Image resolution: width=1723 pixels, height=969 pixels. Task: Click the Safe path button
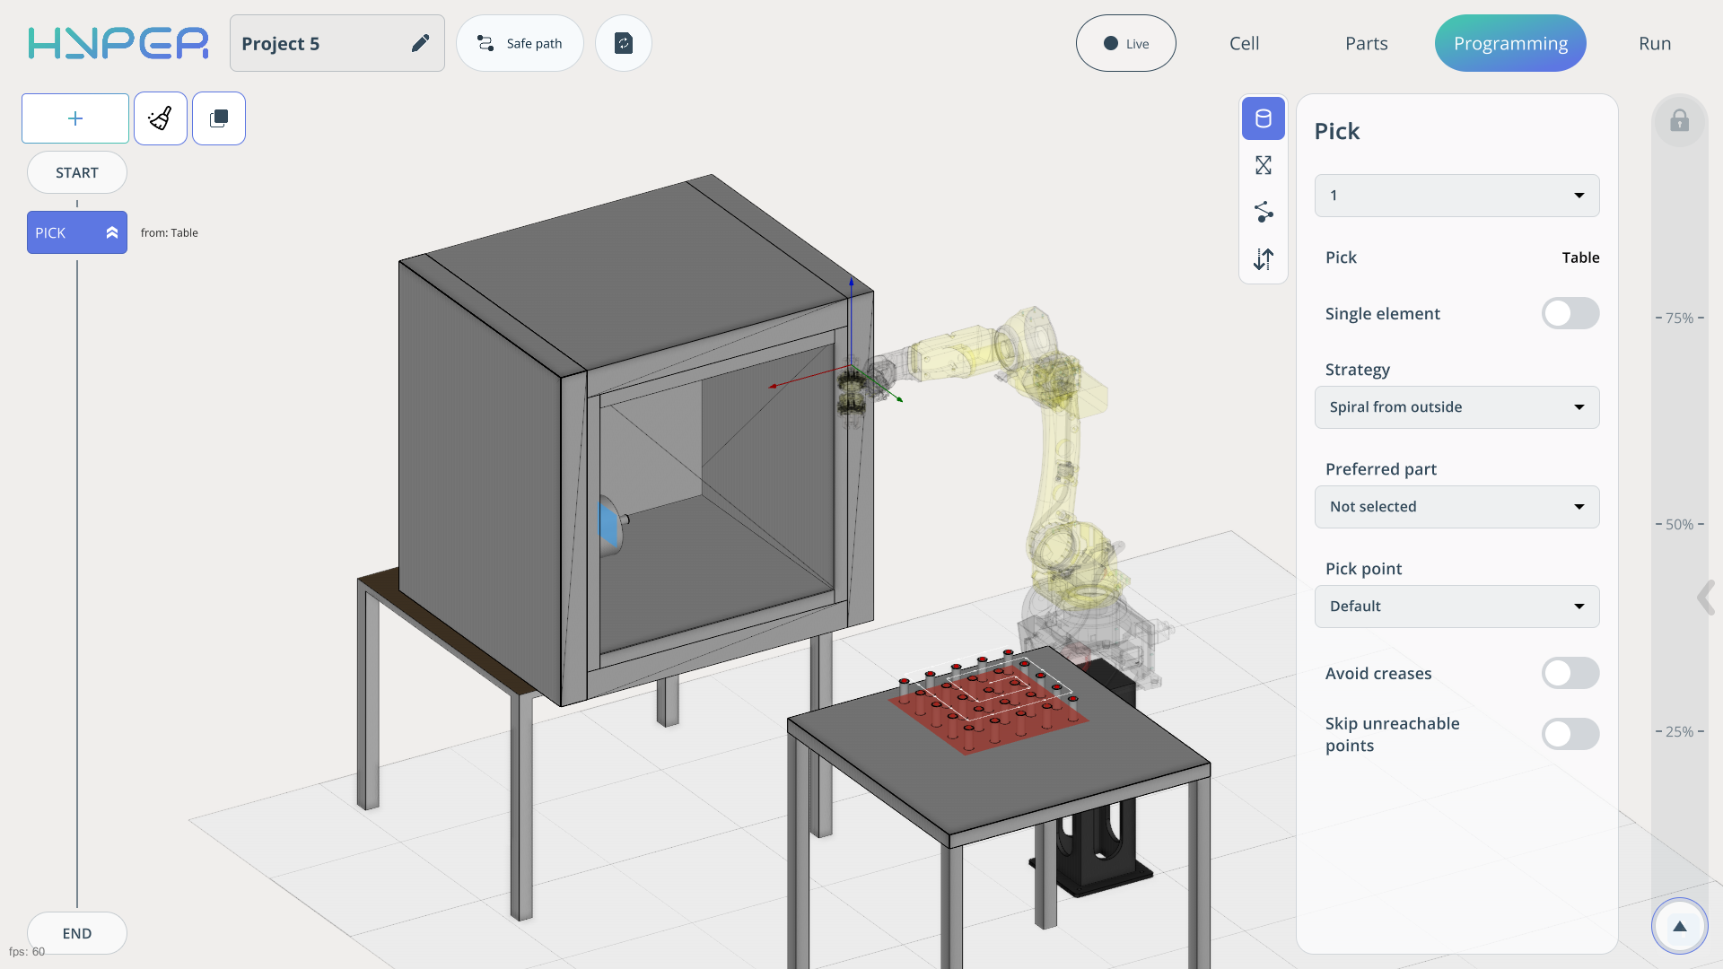(x=520, y=43)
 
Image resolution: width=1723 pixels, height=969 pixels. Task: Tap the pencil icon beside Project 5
(x=420, y=43)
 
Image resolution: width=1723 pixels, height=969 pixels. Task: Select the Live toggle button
(x=1125, y=43)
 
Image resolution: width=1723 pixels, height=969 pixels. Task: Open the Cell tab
(x=1244, y=43)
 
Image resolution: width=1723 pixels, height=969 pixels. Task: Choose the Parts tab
(x=1366, y=43)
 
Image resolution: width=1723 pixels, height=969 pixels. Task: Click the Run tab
(x=1654, y=43)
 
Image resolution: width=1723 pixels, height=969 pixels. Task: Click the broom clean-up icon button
(x=161, y=118)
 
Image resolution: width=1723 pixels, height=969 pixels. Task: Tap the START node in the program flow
(x=77, y=172)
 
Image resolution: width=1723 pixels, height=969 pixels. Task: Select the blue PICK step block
(x=77, y=232)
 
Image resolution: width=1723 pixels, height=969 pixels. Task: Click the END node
(x=77, y=933)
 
